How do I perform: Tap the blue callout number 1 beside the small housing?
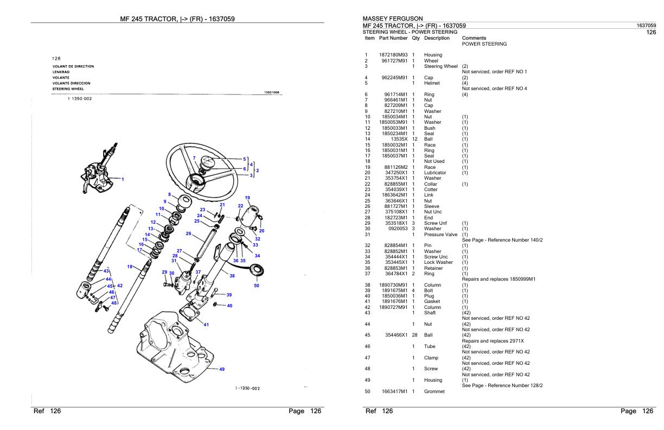point(123,179)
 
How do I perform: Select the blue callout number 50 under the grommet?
point(257,286)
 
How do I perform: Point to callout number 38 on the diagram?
point(232,276)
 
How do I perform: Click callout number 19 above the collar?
point(247,198)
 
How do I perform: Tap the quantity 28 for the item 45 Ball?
point(414,335)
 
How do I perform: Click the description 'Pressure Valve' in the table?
point(440,235)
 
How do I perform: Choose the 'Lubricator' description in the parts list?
point(436,172)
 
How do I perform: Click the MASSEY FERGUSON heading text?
point(393,18)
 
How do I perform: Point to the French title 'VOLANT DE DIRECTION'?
point(73,66)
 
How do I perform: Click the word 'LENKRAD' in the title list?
point(61,72)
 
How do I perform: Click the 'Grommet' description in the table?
point(434,391)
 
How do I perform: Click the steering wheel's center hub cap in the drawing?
point(209,162)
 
